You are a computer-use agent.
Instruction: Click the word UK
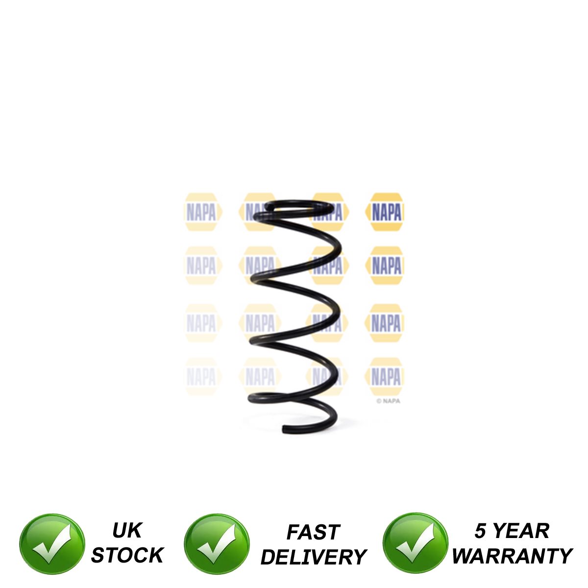[126, 531]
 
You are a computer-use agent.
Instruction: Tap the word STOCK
[127, 555]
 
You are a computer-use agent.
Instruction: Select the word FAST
[313, 532]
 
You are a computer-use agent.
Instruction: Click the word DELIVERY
[314, 557]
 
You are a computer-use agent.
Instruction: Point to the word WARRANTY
[512, 556]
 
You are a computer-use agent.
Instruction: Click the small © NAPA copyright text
[388, 401]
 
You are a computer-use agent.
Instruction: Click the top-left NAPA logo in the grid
[201, 212]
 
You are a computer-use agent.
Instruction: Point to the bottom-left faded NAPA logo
[201, 377]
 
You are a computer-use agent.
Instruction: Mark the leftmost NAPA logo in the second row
[201, 266]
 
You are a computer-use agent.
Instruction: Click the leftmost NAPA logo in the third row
[201, 323]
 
